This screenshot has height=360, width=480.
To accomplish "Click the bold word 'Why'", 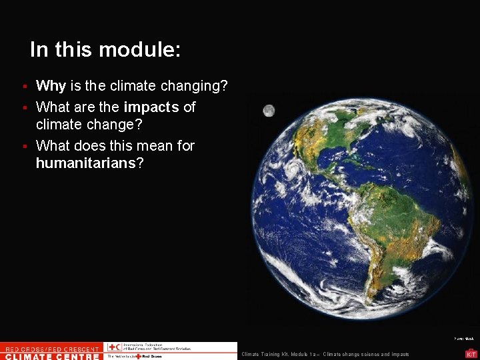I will (50, 86).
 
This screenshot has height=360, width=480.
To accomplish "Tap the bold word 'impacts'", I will (151, 107).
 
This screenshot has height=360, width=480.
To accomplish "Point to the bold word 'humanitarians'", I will (85, 163).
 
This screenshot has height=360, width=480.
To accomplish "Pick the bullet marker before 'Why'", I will (24, 87).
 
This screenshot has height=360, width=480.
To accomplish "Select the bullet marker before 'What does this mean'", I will (24, 146).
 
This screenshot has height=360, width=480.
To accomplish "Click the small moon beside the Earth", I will (268, 111).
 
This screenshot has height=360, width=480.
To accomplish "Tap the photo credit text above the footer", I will (464, 339).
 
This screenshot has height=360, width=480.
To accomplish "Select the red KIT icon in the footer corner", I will (471, 354).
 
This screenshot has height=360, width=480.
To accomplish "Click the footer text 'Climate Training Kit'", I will (267, 354).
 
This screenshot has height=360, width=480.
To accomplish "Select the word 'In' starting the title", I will (39, 50).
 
